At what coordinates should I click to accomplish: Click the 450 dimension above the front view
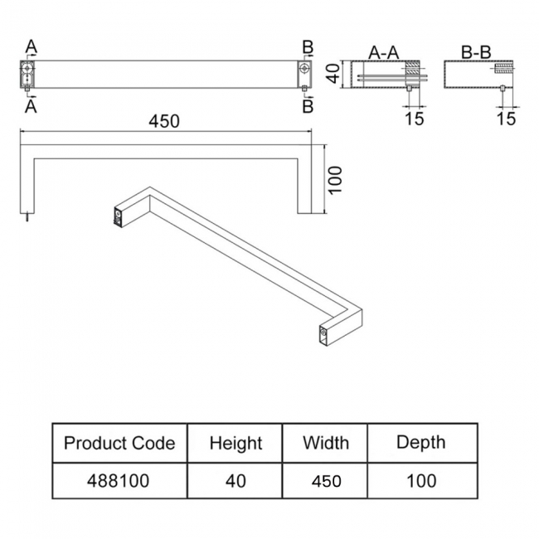164,121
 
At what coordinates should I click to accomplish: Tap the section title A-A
384,52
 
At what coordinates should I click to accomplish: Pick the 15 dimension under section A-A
415,118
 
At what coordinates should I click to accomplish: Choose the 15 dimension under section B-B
506,118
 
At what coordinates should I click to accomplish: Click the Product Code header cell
119,443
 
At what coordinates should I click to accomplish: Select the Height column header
236,443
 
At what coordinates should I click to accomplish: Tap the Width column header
326,442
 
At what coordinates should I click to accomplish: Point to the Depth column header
420,442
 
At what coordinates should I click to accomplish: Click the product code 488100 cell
119,481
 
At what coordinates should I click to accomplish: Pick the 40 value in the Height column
236,481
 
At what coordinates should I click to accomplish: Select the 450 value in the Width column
326,481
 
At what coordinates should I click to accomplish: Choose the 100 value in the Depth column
420,481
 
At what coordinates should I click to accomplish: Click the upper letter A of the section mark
31,46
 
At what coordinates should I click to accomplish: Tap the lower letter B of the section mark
307,105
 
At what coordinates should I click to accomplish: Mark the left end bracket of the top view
27,74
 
